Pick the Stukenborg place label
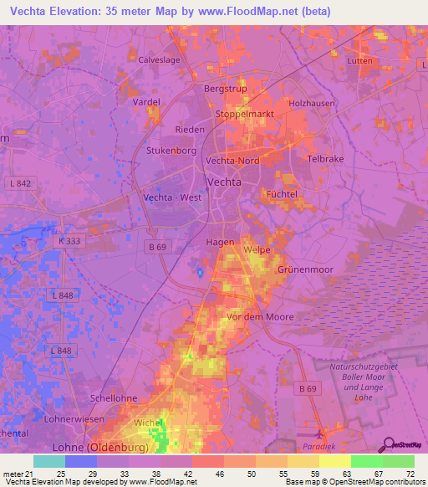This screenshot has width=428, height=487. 171,151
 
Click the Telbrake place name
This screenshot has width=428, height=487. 325,158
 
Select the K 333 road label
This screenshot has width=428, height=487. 72,240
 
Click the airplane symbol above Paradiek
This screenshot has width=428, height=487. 322,433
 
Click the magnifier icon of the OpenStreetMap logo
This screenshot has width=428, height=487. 387,444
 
